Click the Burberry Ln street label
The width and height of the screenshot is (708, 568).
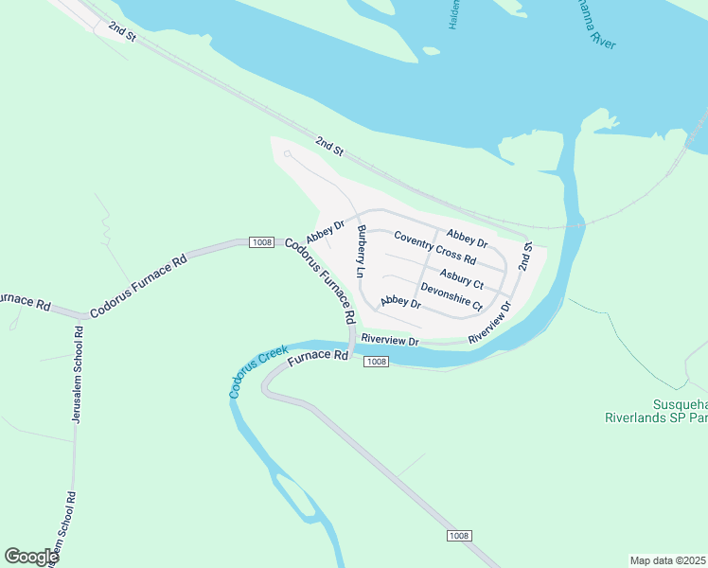[360, 252]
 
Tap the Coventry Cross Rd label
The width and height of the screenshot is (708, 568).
[434, 248]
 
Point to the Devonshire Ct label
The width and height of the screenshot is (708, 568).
[451, 297]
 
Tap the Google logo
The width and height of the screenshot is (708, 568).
[31, 557]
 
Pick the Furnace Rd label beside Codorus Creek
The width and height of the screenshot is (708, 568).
[318, 358]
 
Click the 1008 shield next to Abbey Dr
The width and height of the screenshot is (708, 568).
[262, 243]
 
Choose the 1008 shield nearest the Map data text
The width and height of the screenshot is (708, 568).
[458, 536]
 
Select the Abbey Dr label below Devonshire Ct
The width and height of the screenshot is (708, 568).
[399, 302]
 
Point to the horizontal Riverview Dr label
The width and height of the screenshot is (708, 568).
[389, 339]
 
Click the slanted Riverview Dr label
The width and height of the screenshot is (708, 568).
[489, 322]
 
